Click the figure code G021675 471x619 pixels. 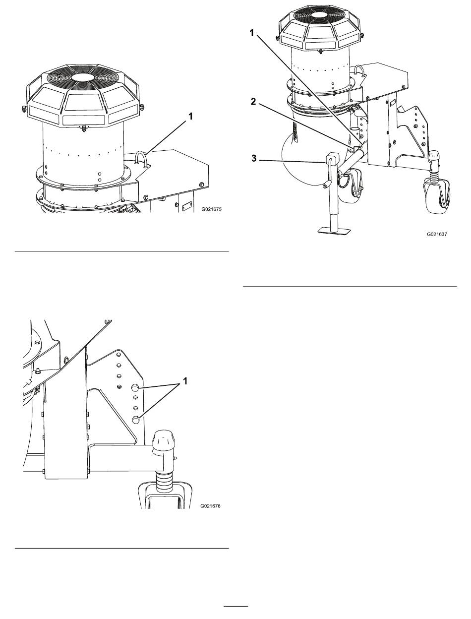(211, 209)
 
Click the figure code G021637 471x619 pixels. (437, 234)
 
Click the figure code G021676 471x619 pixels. (210, 505)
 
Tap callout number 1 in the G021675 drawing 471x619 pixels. (190, 116)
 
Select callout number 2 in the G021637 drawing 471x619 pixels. (253, 102)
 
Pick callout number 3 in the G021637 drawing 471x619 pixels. (254, 158)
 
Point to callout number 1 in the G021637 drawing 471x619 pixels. (252, 33)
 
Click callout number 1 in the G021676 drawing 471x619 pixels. (185, 381)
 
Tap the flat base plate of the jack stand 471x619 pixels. (334, 231)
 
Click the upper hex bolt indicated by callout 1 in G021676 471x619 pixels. (135, 388)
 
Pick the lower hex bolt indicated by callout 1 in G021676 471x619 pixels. (135, 419)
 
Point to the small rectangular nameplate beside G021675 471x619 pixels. (186, 206)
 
